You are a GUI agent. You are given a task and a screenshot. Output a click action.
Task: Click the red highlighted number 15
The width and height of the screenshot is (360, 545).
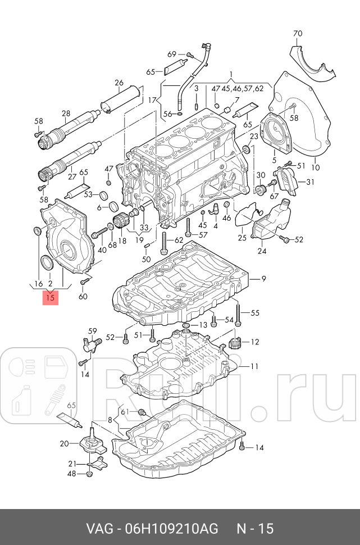click(51, 298)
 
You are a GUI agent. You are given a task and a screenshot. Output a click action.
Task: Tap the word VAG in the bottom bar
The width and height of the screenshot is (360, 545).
click(99, 528)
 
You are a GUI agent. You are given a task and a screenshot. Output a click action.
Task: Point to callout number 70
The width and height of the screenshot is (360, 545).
click(298, 33)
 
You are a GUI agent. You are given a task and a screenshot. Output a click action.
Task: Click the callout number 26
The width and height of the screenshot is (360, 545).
click(119, 84)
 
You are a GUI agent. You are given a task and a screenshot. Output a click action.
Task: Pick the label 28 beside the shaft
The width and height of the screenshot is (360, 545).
click(66, 113)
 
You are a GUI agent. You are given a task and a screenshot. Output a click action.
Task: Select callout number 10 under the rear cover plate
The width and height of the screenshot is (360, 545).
click(315, 167)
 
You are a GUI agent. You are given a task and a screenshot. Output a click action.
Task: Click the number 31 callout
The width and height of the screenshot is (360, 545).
click(311, 181)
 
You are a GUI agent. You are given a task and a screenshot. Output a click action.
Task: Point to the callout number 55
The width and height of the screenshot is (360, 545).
click(255, 313)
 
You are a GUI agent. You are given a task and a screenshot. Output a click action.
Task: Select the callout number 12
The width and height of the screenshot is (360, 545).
click(254, 342)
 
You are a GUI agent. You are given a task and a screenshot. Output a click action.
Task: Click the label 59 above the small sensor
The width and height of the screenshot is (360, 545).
click(93, 331)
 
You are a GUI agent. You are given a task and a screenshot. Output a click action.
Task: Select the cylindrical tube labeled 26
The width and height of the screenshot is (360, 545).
click(119, 99)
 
